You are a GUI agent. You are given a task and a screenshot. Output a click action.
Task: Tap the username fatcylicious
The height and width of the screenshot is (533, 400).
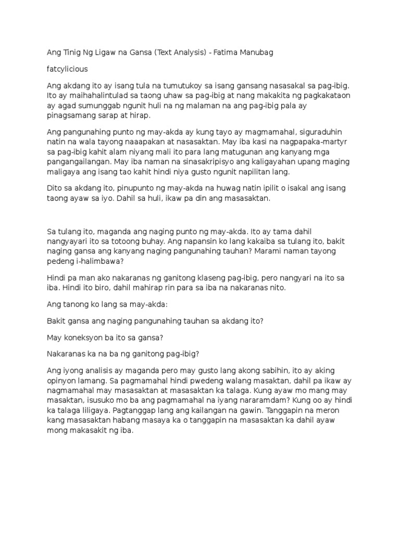tap(67, 69)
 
